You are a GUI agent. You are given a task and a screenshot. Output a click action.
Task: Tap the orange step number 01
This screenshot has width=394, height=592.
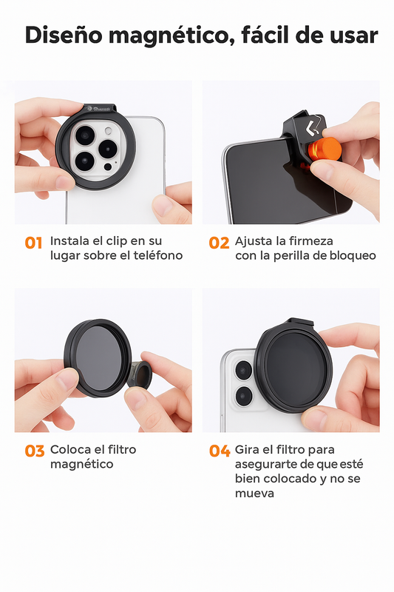[33, 243]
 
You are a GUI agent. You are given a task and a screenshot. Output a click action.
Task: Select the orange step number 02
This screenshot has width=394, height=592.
[219, 243]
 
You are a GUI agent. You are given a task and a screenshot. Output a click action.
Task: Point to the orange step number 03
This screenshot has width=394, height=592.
[35, 451]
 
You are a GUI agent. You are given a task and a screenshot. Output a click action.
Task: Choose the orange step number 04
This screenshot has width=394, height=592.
[220, 451]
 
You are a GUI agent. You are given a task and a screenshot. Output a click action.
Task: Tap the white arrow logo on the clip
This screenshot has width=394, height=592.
[313, 128]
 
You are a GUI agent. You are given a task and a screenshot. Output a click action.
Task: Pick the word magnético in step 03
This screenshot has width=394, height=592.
[81, 465]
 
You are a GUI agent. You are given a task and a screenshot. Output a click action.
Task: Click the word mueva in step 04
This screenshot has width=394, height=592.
[254, 494]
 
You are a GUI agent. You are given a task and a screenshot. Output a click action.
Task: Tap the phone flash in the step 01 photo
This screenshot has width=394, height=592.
[109, 131]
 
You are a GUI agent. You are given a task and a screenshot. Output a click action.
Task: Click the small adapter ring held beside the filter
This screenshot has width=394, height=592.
[140, 374]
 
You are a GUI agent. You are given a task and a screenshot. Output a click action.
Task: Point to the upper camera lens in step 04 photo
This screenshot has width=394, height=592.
[243, 370]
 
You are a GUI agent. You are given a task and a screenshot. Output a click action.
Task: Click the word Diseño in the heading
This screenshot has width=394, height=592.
[64, 35]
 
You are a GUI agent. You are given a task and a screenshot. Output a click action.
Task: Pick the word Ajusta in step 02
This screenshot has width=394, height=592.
[251, 242]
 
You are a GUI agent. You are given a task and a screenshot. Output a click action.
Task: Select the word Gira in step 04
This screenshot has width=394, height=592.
[246, 450]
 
